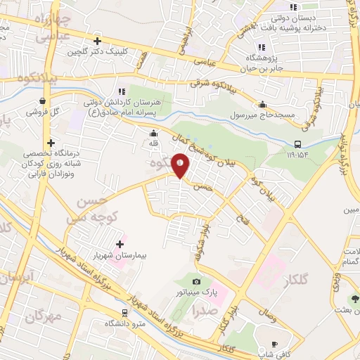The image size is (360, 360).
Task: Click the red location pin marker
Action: click(181, 165)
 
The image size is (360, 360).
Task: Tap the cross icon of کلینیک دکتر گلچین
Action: click(98, 40)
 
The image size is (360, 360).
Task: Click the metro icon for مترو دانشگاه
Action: click(124, 312)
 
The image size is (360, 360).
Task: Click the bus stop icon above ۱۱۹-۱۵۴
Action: click(298, 144)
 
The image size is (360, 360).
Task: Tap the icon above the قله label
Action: click(155, 134)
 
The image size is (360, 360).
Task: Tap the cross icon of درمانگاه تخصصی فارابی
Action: click(51, 143)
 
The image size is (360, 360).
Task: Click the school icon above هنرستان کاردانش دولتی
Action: click(122, 91)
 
